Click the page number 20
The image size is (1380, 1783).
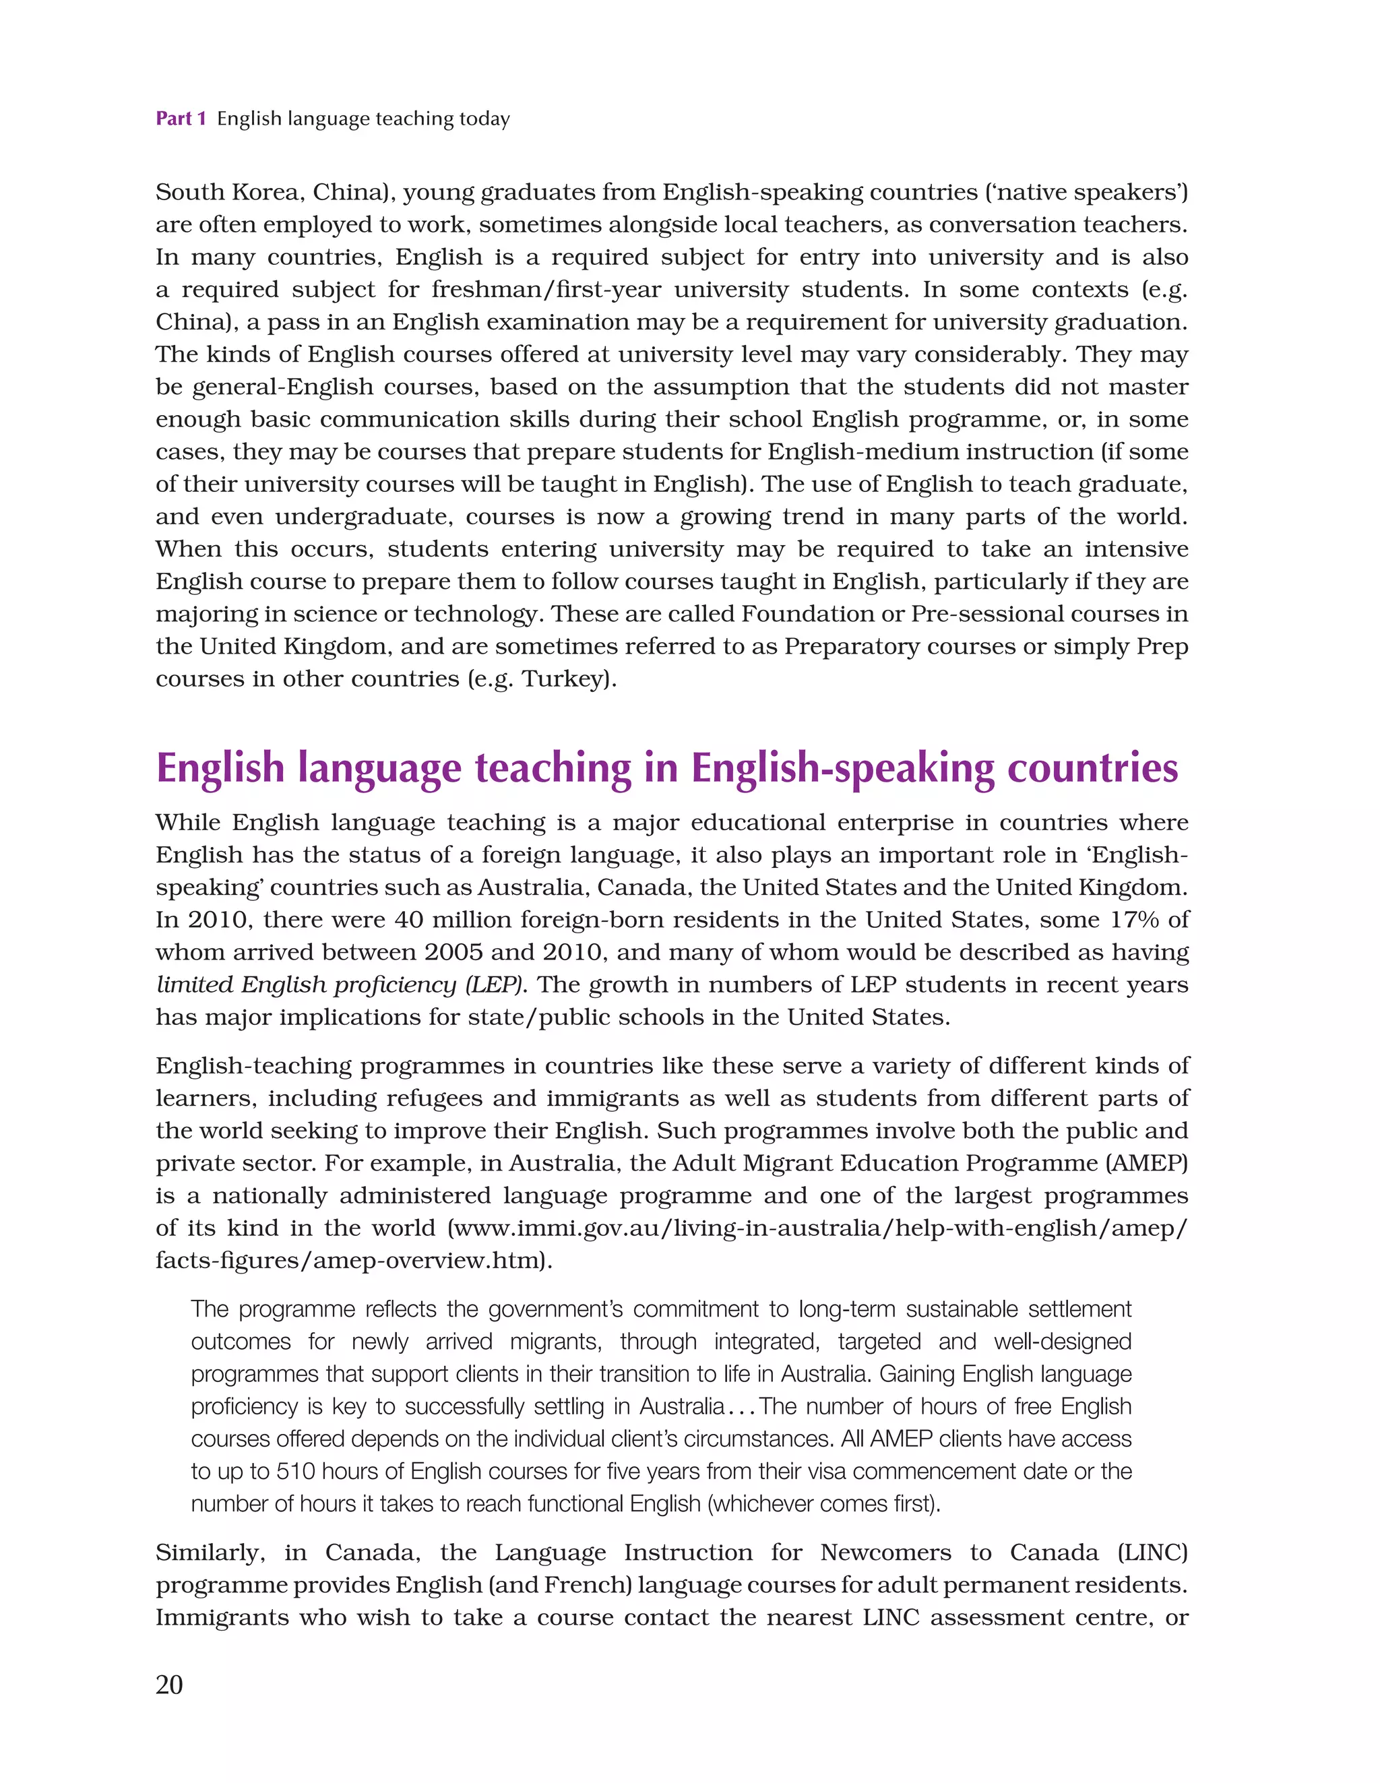point(169,1683)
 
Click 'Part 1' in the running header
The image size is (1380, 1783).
point(181,119)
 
